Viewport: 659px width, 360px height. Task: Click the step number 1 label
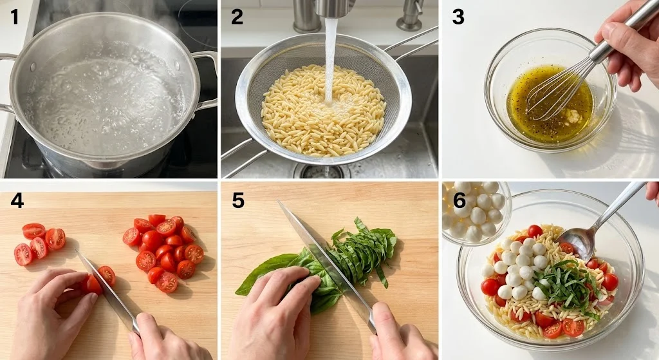pos(15,17)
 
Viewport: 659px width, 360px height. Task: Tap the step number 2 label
pos(237,17)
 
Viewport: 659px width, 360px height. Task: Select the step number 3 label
pos(458,17)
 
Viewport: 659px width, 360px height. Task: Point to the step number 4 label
pos(17,200)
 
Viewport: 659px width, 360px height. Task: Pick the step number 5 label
pos(238,200)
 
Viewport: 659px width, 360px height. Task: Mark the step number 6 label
pos(459,200)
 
